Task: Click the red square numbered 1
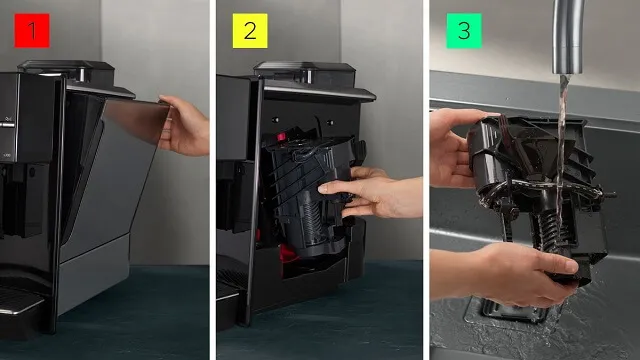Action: click(x=32, y=31)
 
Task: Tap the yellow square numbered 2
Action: click(x=250, y=31)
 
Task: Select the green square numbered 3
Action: click(x=464, y=31)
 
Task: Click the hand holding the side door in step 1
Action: click(x=184, y=126)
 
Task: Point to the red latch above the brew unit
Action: click(x=281, y=137)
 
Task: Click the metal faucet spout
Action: click(x=568, y=37)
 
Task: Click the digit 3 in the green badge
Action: click(x=464, y=31)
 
